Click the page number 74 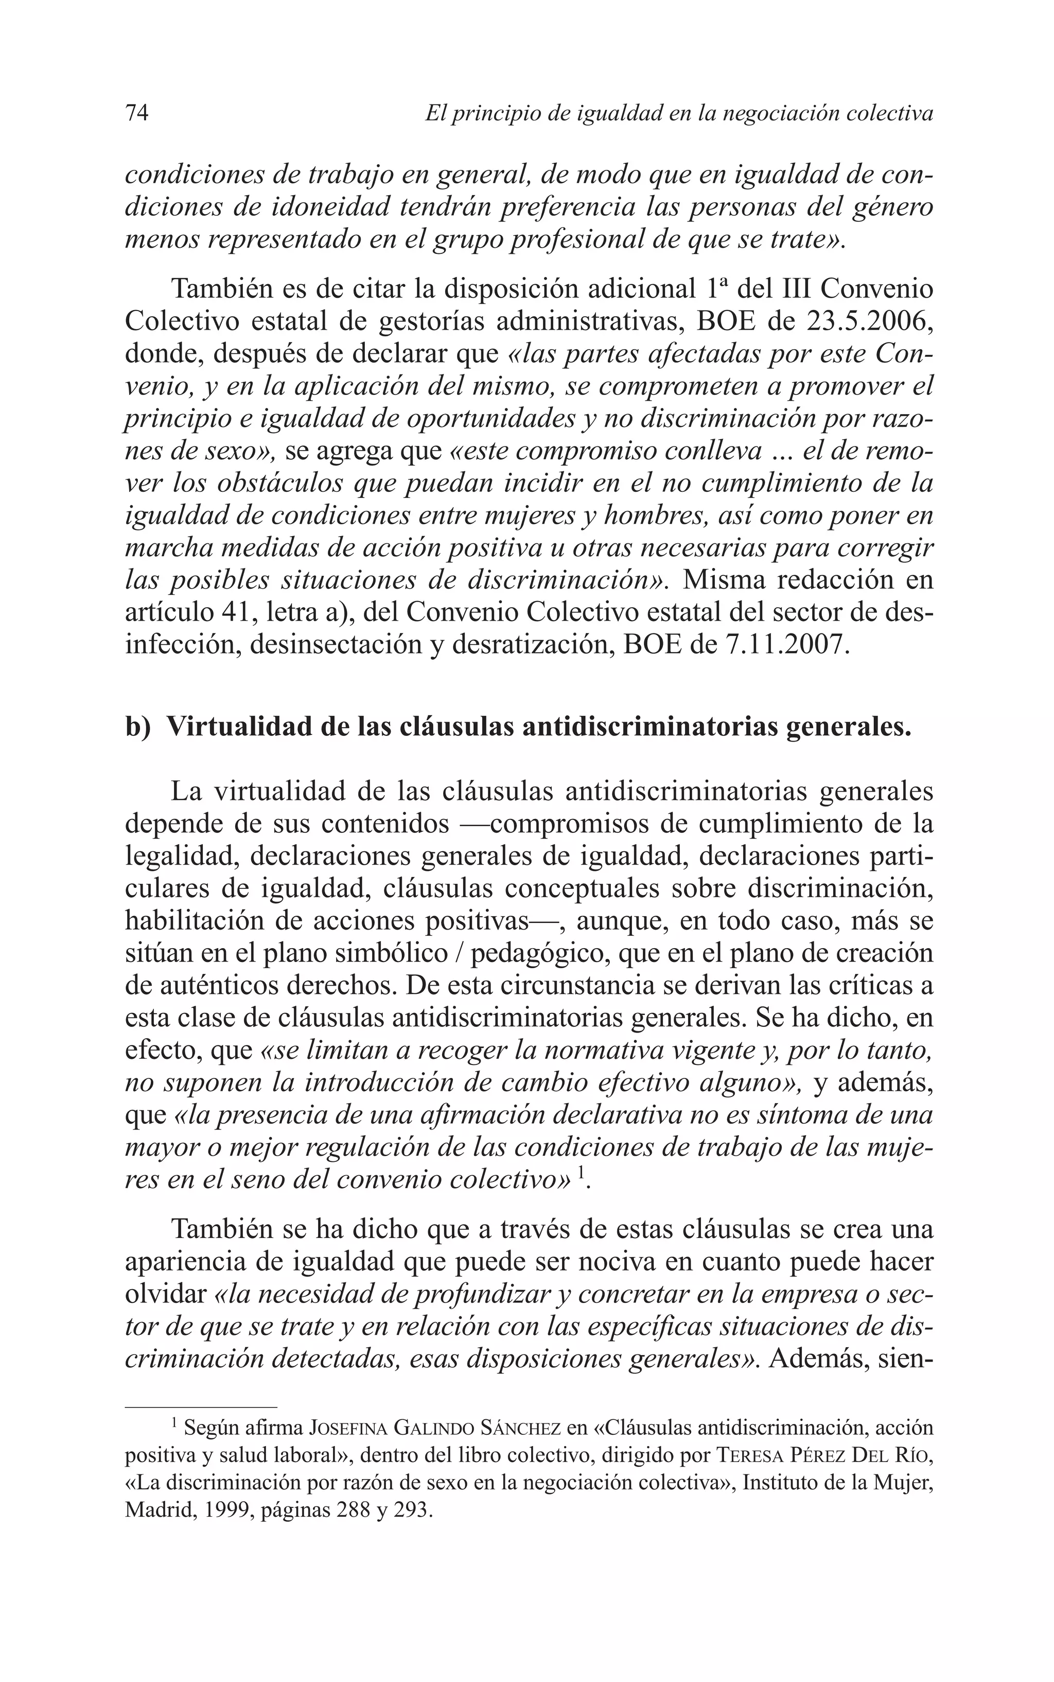(x=136, y=113)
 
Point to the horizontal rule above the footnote (x=201, y=1406)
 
